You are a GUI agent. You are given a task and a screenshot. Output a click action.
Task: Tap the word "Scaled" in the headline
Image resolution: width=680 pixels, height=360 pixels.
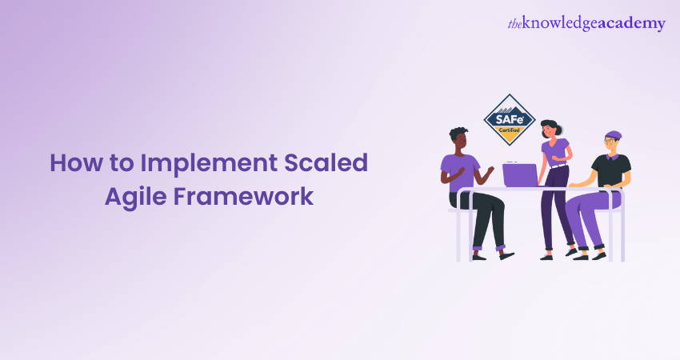coord(326,162)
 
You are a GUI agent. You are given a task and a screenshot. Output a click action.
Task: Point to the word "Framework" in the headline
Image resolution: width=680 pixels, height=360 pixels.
coord(244,196)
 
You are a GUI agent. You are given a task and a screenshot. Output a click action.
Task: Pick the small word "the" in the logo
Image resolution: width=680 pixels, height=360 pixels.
coord(514,24)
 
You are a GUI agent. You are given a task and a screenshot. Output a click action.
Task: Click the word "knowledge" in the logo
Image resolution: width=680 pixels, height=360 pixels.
coord(560,23)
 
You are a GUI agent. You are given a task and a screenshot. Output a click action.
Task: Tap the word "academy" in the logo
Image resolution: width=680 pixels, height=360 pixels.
coord(631,24)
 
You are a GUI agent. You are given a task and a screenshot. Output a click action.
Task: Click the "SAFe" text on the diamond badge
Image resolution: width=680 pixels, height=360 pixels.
coord(509,119)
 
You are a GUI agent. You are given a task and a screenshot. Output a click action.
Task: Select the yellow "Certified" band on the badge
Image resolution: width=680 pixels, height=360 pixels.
coord(509,130)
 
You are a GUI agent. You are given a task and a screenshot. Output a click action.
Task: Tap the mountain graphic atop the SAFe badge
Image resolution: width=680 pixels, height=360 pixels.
coord(510,109)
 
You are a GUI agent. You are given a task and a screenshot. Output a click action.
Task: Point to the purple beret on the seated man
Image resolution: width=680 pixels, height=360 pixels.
coord(613,135)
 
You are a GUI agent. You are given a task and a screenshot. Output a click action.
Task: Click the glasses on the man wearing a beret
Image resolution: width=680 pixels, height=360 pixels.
coord(610,141)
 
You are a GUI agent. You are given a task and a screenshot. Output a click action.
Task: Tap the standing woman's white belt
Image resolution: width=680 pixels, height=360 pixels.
coord(558,166)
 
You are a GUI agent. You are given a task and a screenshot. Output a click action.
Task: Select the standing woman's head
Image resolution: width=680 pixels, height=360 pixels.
coord(550,128)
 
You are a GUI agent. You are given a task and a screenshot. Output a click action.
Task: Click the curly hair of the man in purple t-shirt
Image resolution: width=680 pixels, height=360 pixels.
coord(458,134)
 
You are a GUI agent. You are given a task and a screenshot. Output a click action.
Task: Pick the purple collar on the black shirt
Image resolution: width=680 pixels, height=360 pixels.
coord(612,157)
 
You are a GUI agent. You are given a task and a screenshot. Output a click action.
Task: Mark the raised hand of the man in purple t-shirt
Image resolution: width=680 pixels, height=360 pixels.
coord(490,170)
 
